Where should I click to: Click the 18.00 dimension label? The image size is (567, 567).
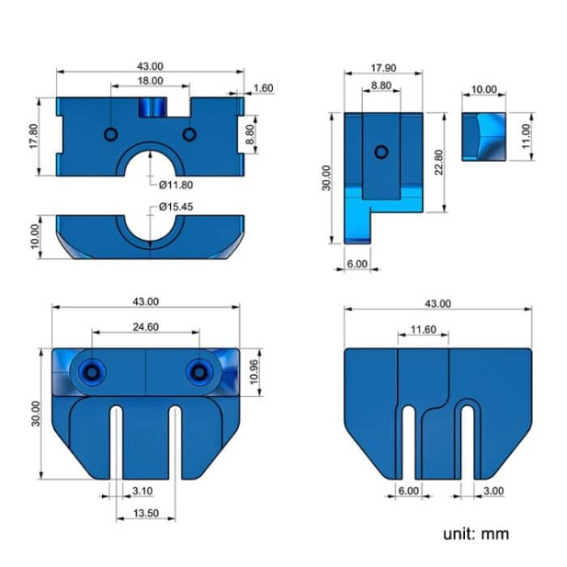point(150,81)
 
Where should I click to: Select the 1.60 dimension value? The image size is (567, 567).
point(262,88)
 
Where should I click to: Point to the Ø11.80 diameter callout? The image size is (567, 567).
point(177,184)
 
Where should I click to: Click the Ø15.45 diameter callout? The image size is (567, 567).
point(177,207)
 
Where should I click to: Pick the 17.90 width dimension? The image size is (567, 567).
point(383,68)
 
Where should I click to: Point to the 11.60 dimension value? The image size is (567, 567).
point(423,329)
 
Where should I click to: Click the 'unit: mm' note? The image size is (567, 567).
point(476,534)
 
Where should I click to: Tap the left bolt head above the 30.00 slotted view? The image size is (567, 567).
point(94,372)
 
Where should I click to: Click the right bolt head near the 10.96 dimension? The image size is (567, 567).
point(198,372)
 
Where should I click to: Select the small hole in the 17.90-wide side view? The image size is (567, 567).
point(381,151)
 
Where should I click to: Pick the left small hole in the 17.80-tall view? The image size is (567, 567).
point(111,133)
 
